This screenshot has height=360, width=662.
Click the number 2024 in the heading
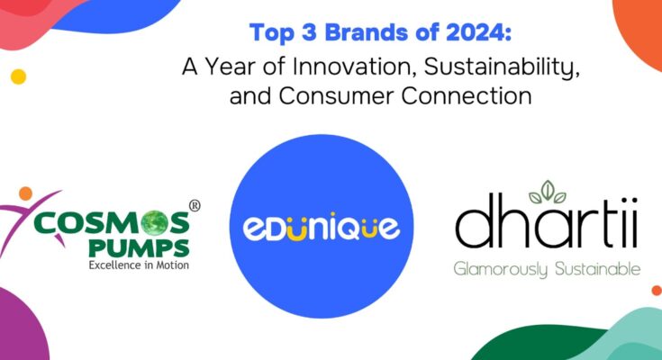point(469,33)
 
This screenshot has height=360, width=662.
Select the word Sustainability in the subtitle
point(502,67)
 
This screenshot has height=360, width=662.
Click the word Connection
point(467,95)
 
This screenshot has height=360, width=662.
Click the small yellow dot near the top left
point(19,76)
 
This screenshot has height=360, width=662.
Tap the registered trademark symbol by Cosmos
point(195,205)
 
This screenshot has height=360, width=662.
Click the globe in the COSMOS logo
point(153,222)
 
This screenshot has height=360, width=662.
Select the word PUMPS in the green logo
point(139,248)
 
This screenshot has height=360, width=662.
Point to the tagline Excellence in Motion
point(139,265)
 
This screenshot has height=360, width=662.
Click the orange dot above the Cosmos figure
point(26,193)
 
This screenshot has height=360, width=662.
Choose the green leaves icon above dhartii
point(548,192)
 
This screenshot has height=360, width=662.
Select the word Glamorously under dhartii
point(501,269)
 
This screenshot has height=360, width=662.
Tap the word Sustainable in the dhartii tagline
point(598,268)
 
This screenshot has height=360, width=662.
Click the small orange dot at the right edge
point(657,291)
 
